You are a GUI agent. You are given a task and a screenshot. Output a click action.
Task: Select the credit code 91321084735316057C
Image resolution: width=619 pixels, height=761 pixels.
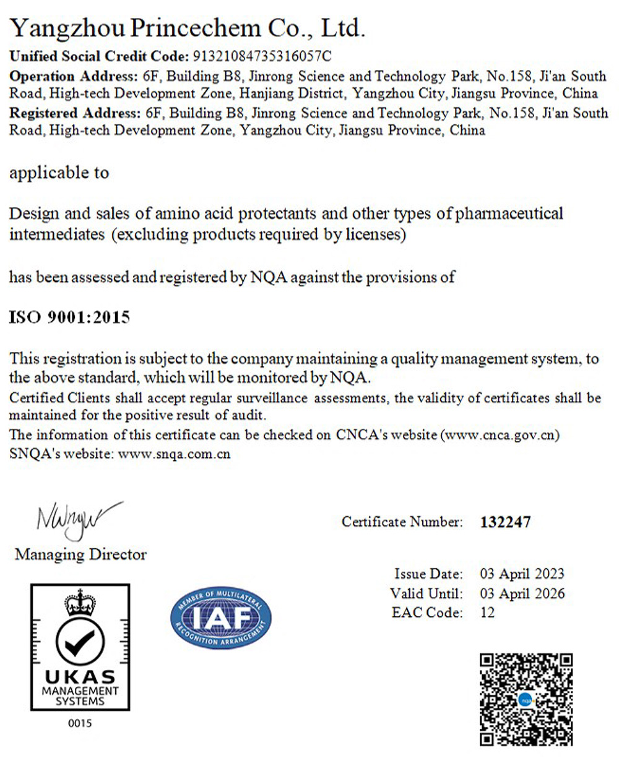[263, 56]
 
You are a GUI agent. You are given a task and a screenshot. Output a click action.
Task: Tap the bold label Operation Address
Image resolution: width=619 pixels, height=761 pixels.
[71, 77]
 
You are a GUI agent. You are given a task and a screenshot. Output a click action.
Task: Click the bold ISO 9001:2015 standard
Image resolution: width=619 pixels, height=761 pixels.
[69, 318]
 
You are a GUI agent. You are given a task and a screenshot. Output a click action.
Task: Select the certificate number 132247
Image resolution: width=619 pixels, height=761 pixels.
[505, 522]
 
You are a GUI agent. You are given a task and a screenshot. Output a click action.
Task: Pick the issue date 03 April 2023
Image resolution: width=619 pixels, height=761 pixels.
[522, 574]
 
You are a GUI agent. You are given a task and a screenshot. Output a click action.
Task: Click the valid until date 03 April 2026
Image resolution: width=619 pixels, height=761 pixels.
[522, 593]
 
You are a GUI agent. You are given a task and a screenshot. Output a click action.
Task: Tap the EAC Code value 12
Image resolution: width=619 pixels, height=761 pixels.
[487, 613]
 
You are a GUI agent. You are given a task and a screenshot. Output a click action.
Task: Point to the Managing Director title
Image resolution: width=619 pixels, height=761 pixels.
[80, 554]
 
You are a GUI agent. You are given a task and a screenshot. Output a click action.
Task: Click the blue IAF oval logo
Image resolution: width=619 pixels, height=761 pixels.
[221, 618]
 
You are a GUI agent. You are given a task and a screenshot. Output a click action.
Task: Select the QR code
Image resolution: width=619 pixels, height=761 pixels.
[527, 699]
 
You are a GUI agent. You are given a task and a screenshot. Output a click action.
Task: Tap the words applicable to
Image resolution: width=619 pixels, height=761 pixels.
[59, 173]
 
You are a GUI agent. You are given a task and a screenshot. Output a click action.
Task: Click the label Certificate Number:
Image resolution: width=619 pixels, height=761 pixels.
[402, 522]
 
